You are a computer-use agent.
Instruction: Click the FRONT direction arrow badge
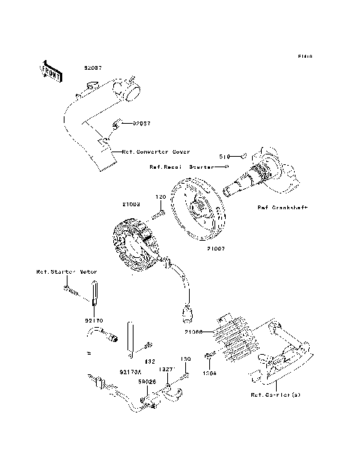[50, 70]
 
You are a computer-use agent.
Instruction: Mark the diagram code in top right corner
[304, 56]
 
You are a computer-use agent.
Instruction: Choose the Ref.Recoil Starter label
[178, 166]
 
